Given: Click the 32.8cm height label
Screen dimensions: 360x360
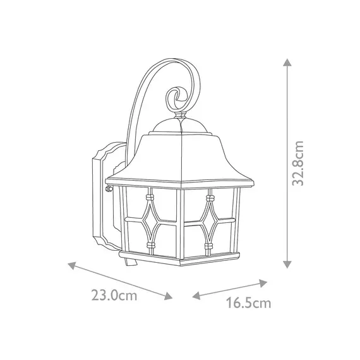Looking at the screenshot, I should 299,163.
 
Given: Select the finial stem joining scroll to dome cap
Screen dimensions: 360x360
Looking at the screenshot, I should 180,116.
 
